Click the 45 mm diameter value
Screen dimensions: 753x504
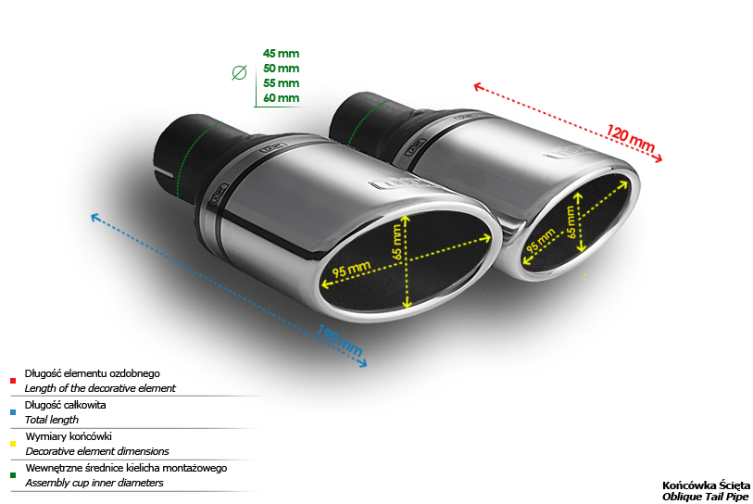[281, 54]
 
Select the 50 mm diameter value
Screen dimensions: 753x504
[281, 69]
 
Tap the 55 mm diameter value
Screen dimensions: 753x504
[281, 83]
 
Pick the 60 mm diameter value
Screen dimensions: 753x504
[281, 98]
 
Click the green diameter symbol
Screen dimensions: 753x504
[239, 72]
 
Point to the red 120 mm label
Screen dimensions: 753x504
[630, 138]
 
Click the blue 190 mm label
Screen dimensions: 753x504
[339, 340]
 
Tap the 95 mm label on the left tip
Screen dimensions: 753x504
[352, 269]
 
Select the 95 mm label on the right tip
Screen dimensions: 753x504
[541, 241]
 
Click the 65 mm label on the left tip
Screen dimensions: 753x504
[397, 242]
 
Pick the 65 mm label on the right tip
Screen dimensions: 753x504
[571, 222]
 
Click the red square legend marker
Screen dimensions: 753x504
[13, 381]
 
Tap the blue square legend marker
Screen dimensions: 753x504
[13, 412]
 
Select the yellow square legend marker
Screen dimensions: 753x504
[13, 444]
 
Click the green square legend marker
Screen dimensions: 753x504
[13, 475]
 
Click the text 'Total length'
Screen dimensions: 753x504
[51, 420]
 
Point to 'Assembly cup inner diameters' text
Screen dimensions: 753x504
[94, 483]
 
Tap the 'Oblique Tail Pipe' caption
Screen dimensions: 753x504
[705, 497]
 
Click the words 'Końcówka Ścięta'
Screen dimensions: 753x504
[706, 485]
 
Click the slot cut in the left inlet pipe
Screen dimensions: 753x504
[163, 171]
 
